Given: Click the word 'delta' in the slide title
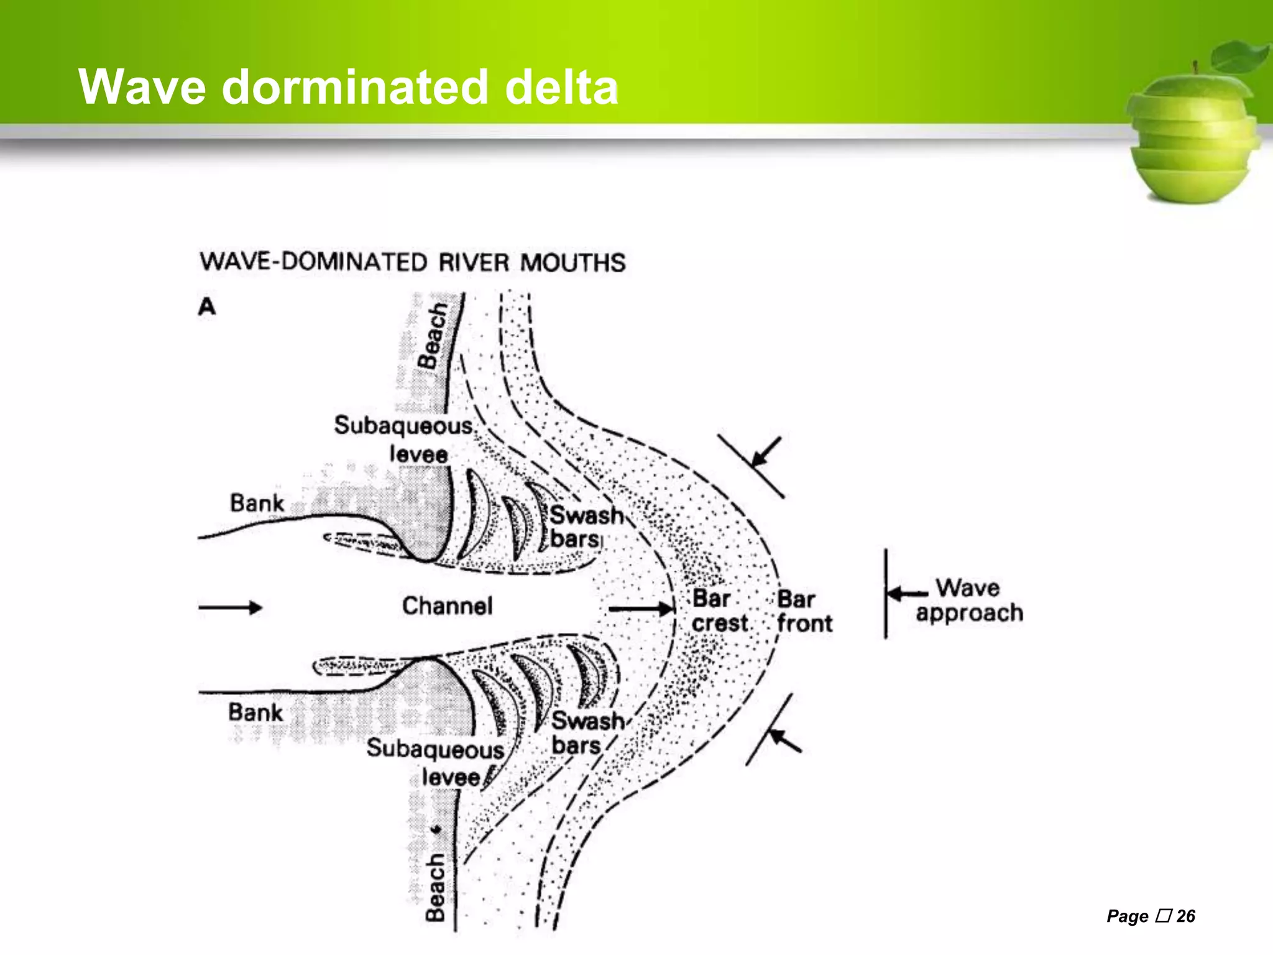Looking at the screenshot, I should pyautogui.click(x=561, y=87).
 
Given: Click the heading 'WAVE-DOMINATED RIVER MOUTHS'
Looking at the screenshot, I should pyautogui.click(x=413, y=262).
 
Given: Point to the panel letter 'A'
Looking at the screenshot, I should pyautogui.click(x=207, y=307).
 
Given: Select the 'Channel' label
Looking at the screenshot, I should pyautogui.click(x=447, y=606).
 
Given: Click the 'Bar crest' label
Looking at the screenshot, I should pyautogui.click(x=719, y=611).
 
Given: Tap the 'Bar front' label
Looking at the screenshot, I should pyautogui.click(x=804, y=611).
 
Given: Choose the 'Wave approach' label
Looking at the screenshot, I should pyautogui.click(x=969, y=601).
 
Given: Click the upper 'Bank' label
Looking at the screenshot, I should pyautogui.click(x=257, y=503).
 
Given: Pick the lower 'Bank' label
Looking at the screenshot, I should pyautogui.click(x=255, y=713).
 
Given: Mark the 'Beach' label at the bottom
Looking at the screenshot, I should pyautogui.click(x=435, y=887).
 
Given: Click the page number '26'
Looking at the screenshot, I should pyautogui.click(x=1185, y=916).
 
